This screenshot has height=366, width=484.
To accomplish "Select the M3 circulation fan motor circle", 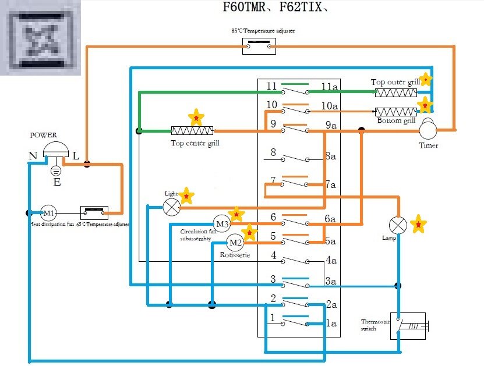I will coord(222,223).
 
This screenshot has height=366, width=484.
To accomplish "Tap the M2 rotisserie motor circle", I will coord(235,242).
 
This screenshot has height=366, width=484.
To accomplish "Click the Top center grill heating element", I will coord(192,131).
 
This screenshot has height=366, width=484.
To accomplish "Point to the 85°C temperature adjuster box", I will coord(259,47).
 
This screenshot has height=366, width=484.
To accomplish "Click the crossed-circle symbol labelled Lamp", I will coord(398,225).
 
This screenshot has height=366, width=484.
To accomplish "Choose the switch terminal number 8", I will coord(272,153).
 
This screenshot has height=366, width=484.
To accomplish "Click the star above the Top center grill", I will coord(197,117).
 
